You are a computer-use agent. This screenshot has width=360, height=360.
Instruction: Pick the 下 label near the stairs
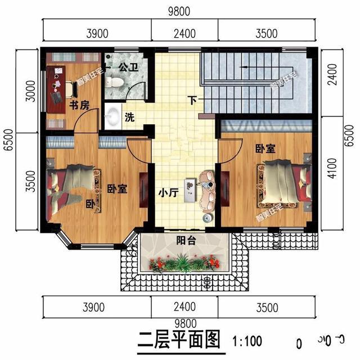(x=193, y=101)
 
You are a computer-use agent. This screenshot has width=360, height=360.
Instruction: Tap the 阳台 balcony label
(x=184, y=240)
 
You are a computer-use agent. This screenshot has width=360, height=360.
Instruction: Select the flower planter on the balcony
(x=184, y=262)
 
